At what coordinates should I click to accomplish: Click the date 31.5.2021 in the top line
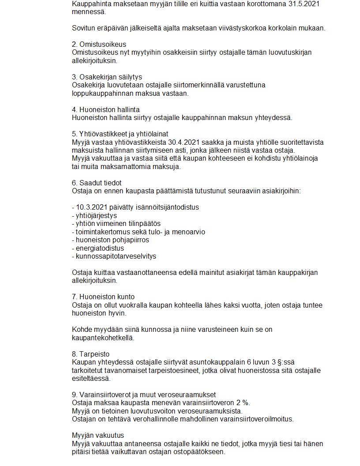pos(304,4)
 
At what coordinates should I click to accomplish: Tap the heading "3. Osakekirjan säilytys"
pos(107,77)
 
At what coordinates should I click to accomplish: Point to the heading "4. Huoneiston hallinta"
pos(105,109)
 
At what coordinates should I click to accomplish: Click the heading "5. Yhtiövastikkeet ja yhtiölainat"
pos(120,134)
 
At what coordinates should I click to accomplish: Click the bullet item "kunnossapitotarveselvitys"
pos(116,256)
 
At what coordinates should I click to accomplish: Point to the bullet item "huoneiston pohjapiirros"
pos(112,240)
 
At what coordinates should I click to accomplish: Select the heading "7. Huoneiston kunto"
pos(103,297)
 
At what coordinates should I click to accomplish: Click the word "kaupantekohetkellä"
pos(102,338)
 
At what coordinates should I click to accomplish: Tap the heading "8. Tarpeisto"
pos(90,354)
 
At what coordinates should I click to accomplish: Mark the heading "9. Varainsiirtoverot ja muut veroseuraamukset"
pos(144,395)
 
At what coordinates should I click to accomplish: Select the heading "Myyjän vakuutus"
pos(97,435)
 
